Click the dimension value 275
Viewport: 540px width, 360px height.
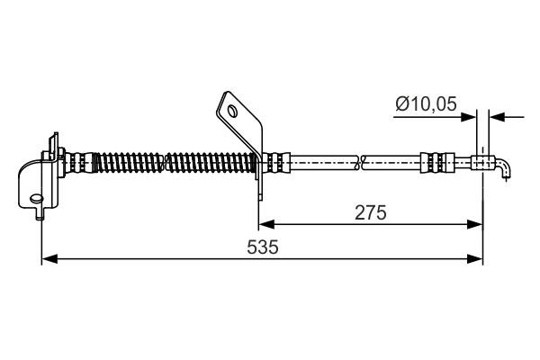click(x=370, y=212)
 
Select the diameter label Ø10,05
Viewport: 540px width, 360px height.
click(x=426, y=105)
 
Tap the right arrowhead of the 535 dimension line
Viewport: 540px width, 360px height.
click(x=477, y=259)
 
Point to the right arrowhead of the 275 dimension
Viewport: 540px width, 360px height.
click(x=477, y=225)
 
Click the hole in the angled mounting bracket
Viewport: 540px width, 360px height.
click(x=233, y=112)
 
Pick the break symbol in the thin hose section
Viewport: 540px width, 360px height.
click(x=360, y=164)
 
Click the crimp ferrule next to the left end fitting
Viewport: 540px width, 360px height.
click(x=80, y=164)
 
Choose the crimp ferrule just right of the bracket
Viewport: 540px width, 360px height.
click(x=279, y=164)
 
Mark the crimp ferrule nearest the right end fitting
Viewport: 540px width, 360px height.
click(x=433, y=164)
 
